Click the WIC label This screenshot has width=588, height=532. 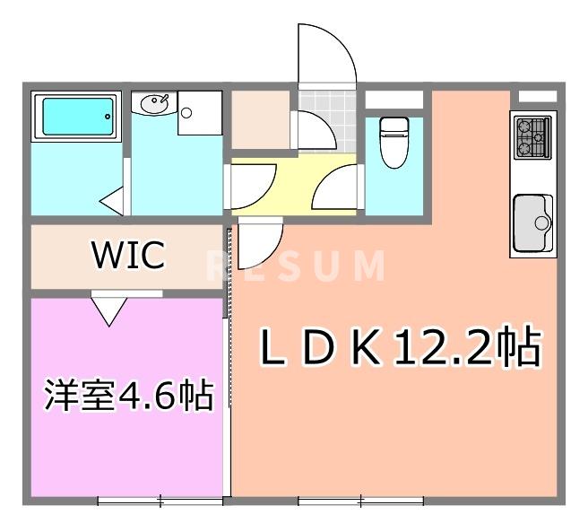tap(129, 255)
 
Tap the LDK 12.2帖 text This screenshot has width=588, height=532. tap(400, 347)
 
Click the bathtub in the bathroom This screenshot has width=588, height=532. tap(76, 118)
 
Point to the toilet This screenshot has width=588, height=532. tap(393, 141)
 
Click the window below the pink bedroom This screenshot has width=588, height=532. tap(159, 500)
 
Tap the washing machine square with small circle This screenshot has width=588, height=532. tap(198, 112)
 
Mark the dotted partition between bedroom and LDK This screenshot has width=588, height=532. tap(228, 359)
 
